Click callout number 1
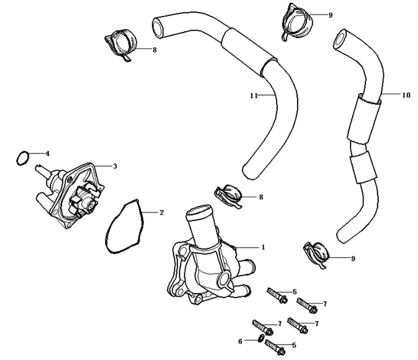pos(263,246)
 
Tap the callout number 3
pos(114,166)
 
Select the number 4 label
pos(47,153)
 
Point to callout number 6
pos(240,341)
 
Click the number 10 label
pos(406,95)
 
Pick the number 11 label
pos(253,96)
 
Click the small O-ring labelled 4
pos(22,158)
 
